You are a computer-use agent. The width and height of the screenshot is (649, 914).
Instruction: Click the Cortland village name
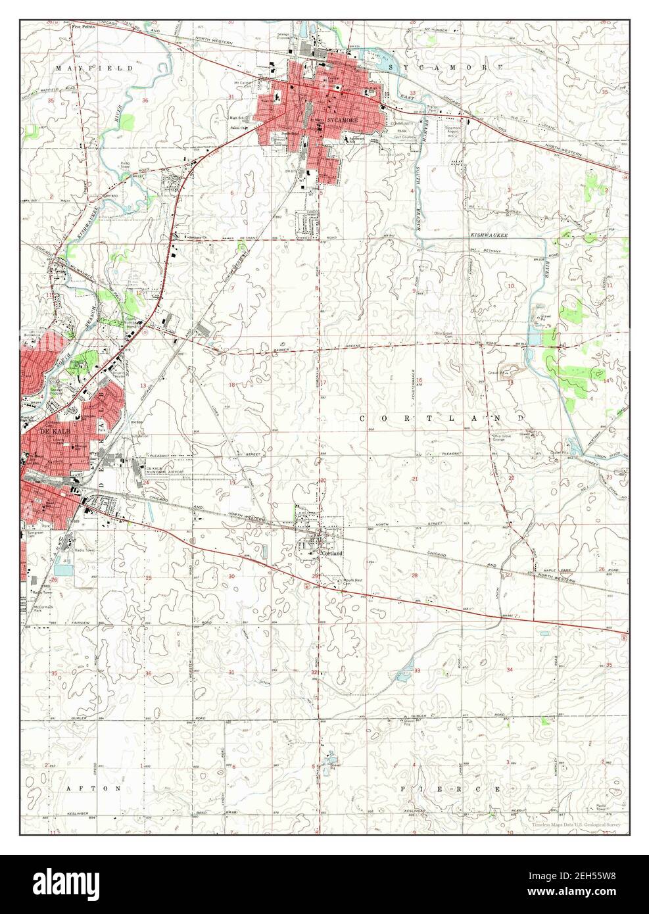(x=332, y=554)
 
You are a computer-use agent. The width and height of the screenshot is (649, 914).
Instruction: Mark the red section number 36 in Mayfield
(x=145, y=100)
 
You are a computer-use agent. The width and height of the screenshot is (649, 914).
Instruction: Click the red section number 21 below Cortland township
(x=414, y=478)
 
